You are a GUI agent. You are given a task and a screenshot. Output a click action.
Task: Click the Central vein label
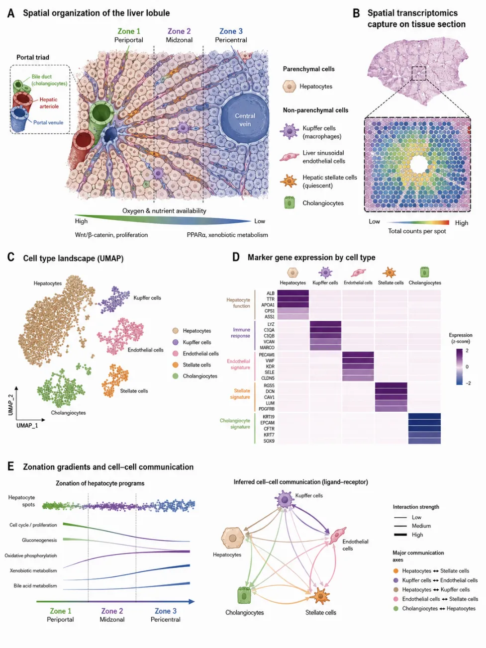[245, 120]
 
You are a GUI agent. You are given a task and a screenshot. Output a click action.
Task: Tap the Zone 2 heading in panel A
[179, 31]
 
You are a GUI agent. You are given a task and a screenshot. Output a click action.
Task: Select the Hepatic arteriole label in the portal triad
[49, 103]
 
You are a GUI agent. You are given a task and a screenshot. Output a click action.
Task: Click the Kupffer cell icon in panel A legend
[290, 131]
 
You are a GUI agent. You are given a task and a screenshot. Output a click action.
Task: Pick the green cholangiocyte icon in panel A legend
[290, 203]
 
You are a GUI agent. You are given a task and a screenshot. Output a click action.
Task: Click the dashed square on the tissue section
[419, 73]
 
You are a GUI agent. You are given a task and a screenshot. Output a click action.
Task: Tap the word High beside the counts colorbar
[461, 223]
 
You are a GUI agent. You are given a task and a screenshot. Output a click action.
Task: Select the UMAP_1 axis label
[27, 425]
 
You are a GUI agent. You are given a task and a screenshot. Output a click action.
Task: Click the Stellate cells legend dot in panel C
[176, 365]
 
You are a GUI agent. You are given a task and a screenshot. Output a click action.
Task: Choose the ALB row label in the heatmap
[271, 293]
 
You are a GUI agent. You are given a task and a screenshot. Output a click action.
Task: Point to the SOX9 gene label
[269, 441]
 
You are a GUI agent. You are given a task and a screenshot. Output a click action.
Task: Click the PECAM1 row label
[267, 355]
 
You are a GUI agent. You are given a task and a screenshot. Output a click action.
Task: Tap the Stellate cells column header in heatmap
[390, 282]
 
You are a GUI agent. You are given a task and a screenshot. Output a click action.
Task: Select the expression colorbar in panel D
[459, 367]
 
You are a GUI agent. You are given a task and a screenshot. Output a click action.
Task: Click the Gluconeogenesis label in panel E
[39, 540]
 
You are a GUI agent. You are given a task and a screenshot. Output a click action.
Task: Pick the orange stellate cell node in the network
[320, 596]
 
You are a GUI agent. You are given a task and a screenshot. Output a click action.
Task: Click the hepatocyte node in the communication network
[233, 538]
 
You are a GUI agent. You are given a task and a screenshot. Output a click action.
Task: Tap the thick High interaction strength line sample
[400, 535]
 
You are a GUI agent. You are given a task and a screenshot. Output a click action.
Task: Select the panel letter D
[236, 257]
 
